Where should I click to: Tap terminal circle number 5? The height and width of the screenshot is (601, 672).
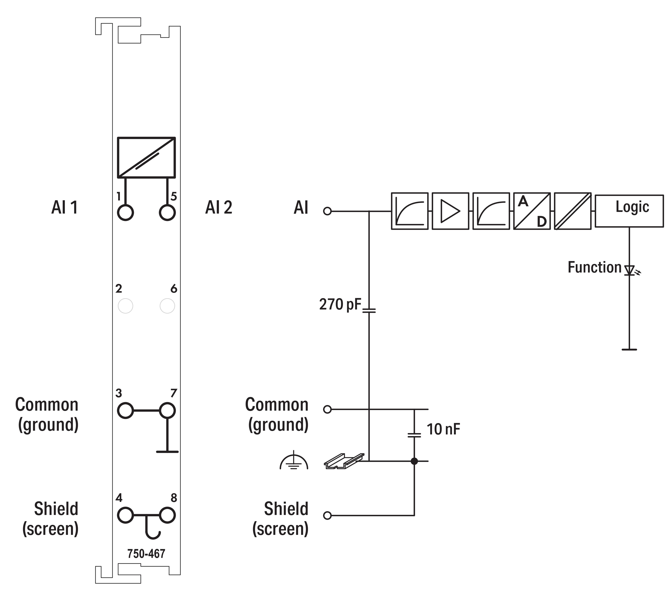pos(167,212)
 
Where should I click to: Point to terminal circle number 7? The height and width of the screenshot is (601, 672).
pos(167,411)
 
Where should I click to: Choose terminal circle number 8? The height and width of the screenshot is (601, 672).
pos(167,515)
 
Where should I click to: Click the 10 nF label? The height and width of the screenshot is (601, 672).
pos(443,429)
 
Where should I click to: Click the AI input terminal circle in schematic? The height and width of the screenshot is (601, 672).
pos(327,211)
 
